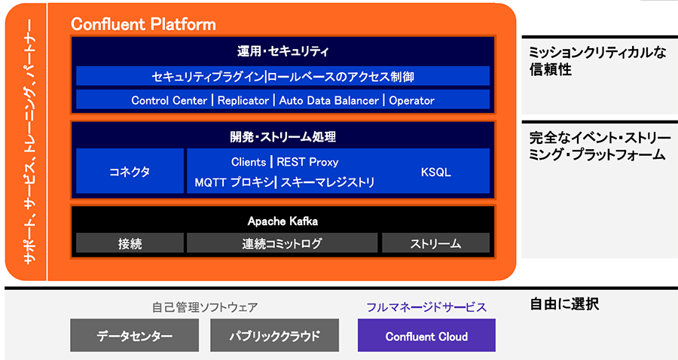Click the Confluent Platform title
tap(143, 24)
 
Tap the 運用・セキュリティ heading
tap(282, 52)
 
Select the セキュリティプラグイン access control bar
tap(282, 76)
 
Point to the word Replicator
tap(243, 100)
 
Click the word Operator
tap(411, 100)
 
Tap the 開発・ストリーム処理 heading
tap(282, 137)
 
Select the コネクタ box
tap(130, 172)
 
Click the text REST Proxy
tap(307, 162)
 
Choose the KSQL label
tap(435, 172)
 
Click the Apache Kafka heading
tap(282, 221)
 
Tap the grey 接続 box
tap(130, 243)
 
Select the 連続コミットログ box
tap(282, 243)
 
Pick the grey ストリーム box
tap(435, 243)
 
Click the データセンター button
tap(135, 336)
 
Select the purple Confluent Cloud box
tap(426, 336)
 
